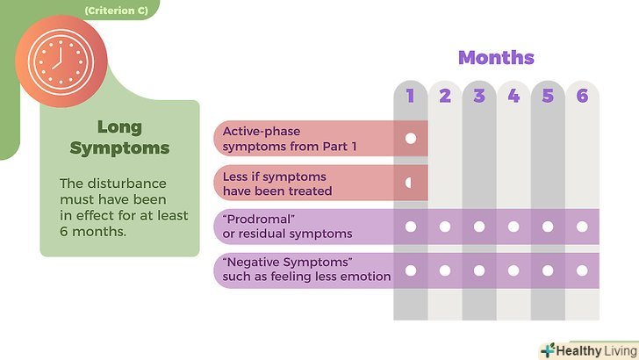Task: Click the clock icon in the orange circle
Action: [61, 58]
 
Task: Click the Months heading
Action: [496, 58]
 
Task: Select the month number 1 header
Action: [410, 97]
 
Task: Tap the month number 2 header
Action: [445, 97]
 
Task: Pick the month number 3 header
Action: [479, 97]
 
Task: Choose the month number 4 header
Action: [513, 97]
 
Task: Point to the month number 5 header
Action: [548, 97]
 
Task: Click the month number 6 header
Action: [582, 97]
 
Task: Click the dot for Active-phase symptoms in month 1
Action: [410, 139]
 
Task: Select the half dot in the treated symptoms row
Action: [409, 183]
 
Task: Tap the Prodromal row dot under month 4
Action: [513, 227]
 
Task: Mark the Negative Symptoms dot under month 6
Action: [582, 270]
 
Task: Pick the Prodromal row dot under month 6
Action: [582, 227]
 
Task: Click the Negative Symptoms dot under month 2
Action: [445, 270]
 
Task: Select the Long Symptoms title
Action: [119, 137]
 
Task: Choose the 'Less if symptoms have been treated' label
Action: [276, 183]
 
